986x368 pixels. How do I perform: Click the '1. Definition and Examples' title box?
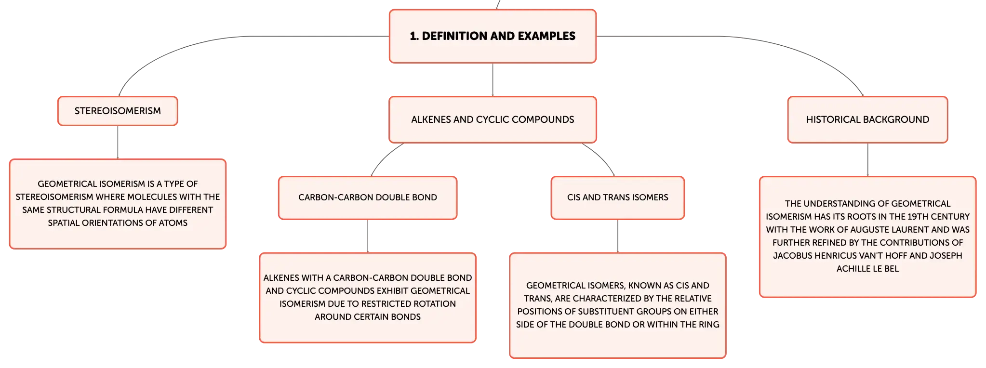pos(493,36)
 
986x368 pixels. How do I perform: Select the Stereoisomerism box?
pos(118,111)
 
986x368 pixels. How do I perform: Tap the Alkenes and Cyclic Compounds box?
pos(493,119)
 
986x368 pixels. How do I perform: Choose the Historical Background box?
pos(867,119)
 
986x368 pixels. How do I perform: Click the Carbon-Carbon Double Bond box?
pos(368,197)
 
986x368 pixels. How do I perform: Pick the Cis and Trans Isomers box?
pos(617,197)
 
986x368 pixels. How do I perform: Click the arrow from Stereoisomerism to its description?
pos(118,143)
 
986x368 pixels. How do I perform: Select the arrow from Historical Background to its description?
pos(867,160)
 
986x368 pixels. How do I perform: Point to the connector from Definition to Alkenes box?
pos(493,80)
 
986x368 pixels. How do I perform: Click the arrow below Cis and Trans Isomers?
pos(617,237)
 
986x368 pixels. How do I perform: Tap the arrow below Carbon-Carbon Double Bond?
pos(368,237)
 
